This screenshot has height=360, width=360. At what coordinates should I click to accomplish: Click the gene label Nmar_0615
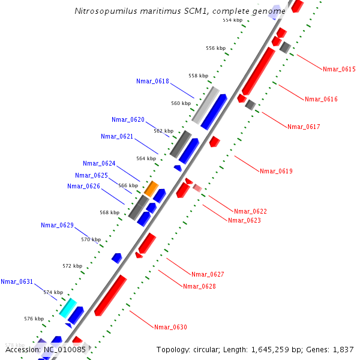(339, 69)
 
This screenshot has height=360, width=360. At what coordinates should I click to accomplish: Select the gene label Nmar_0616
(321, 99)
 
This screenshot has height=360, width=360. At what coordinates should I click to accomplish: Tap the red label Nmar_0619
(276, 171)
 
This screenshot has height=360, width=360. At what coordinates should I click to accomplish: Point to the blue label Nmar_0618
(152, 81)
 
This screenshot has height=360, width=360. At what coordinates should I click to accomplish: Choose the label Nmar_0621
(117, 136)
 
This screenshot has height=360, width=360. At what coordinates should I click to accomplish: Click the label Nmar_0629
(57, 225)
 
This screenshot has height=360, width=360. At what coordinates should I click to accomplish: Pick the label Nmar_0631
(17, 281)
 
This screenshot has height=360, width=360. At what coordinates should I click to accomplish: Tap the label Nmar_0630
(170, 327)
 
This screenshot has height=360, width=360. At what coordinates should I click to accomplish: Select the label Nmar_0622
(250, 211)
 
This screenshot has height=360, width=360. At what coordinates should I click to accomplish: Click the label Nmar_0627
(208, 274)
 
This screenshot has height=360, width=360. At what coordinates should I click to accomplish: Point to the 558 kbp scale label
(198, 76)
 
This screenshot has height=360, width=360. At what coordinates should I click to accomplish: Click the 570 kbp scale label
(91, 239)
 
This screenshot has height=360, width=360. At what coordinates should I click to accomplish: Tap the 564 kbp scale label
(146, 158)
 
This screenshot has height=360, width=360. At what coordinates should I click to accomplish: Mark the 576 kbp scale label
(34, 319)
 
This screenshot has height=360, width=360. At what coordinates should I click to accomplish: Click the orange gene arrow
(151, 188)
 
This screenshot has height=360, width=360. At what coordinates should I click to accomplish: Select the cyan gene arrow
(68, 307)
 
